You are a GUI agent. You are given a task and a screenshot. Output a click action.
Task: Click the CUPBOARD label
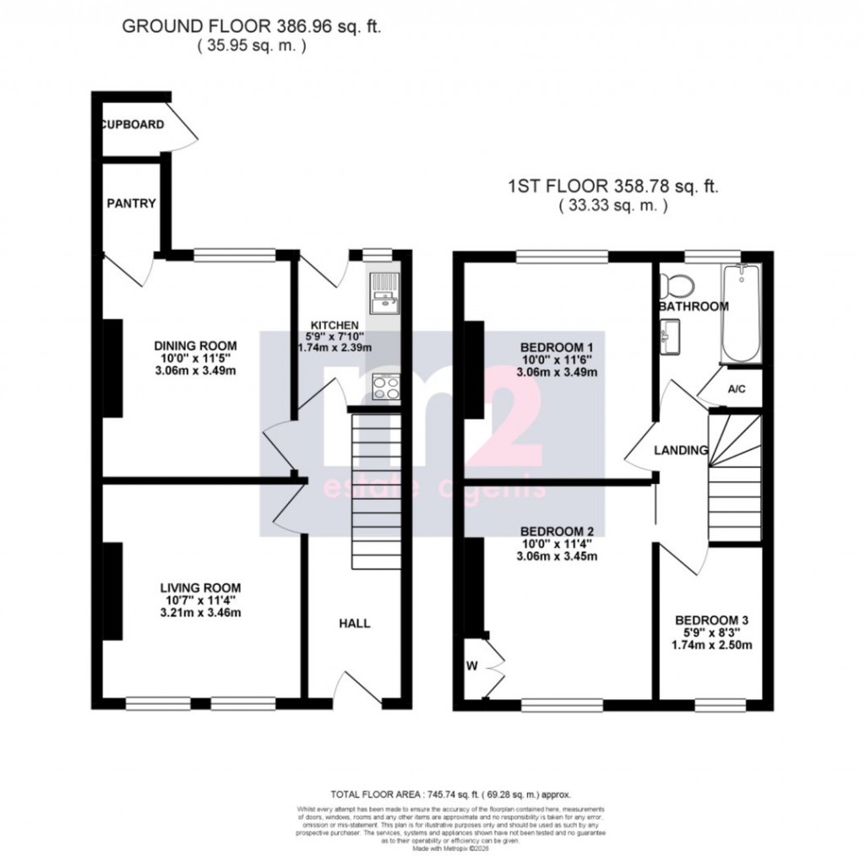(133, 125)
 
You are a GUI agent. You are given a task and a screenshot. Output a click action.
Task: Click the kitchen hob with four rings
(387, 388)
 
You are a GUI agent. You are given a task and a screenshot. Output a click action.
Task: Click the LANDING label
(681, 451)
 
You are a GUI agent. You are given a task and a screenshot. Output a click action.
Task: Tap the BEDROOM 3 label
(711, 619)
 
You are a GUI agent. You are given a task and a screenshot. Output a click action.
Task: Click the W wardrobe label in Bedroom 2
(471, 665)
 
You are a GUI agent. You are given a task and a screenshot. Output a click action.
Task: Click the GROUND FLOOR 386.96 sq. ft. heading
(252, 26)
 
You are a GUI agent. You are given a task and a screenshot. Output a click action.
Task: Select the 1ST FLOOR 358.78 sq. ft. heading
(613, 187)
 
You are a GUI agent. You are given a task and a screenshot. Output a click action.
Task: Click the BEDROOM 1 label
(556, 347)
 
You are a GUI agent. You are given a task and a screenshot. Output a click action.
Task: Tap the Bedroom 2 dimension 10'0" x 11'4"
(556, 543)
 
